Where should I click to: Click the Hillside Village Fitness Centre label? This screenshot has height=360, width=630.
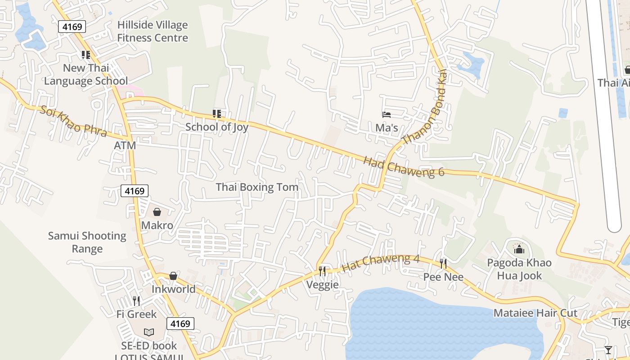(153, 31)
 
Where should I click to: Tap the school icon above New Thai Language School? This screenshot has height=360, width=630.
(85, 55)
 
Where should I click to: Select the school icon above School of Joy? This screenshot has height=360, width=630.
(216, 114)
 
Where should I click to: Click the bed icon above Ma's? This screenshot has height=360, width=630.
(387, 115)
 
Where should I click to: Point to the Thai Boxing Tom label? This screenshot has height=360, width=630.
(257, 187)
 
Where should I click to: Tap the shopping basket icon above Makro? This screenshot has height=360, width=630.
(157, 211)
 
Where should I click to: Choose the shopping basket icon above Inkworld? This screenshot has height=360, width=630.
(173, 276)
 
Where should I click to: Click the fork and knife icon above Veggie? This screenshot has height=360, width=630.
(322, 271)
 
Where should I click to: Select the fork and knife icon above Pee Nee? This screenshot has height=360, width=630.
(443, 263)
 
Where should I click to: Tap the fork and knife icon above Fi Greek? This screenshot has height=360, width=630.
(136, 301)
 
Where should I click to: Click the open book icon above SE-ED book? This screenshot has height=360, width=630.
(149, 332)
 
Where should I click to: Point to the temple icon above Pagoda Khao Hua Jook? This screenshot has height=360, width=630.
(519, 248)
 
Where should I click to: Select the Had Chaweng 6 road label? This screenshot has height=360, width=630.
(404, 166)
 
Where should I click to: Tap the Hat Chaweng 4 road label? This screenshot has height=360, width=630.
(381, 263)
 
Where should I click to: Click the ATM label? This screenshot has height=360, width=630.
(125, 145)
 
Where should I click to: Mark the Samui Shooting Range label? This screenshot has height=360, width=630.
(87, 242)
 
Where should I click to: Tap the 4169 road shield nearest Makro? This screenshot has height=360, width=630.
(135, 191)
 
